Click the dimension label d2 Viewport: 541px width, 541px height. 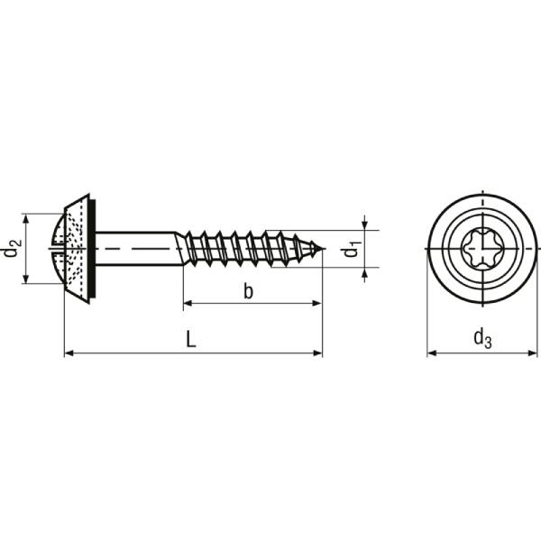pos(12,248)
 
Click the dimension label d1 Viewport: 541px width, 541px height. pos(352,249)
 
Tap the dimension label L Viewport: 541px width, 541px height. pos(190,339)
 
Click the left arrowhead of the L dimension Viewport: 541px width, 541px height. pos(69,353)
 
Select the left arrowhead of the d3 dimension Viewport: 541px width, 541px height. pos(431,353)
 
